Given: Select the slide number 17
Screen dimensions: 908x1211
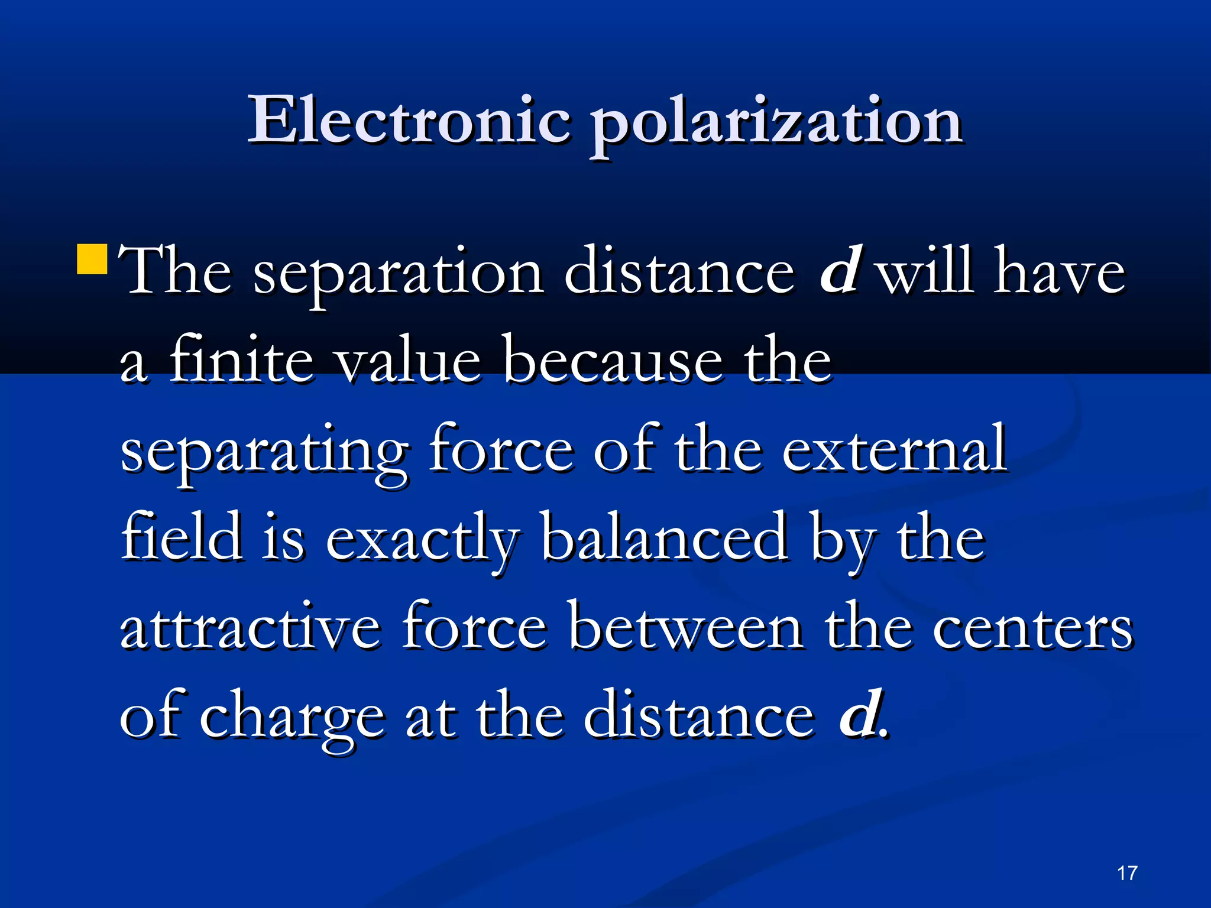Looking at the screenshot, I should [1127, 873].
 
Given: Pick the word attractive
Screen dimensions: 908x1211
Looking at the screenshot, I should [250, 627].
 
